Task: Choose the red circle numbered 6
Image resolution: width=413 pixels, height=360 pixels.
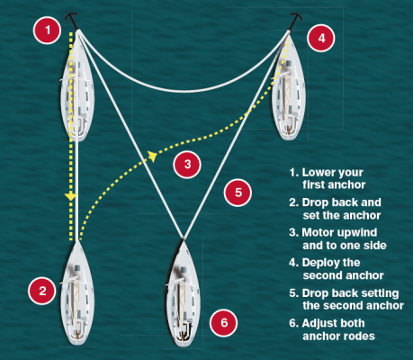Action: tap(226, 321)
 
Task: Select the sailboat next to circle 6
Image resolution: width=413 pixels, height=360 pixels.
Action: tap(183, 293)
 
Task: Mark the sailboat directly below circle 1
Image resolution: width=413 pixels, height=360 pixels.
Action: tap(76, 89)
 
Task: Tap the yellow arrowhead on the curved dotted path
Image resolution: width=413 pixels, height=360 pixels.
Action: tap(153, 157)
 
